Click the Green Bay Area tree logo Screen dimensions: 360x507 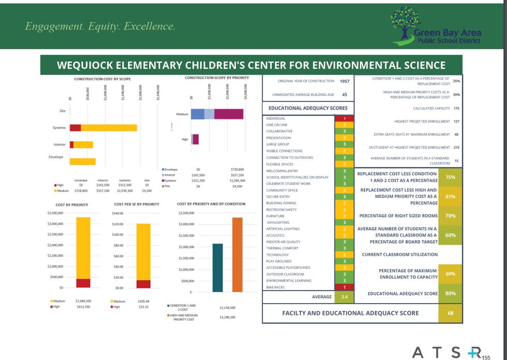(406, 23)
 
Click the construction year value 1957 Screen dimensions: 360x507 (344, 81)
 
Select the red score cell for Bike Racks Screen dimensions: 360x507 (344, 287)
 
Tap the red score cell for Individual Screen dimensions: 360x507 (344, 118)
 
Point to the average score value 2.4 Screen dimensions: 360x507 (344, 297)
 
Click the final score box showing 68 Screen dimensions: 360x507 (450, 313)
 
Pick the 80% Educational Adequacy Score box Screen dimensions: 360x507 (450, 293)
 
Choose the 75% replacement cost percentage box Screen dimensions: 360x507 (450, 177)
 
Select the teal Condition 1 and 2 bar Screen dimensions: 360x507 (218, 267)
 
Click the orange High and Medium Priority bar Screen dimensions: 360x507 (237, 254)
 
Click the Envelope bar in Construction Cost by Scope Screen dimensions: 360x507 (83, 161)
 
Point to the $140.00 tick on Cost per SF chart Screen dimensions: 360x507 (118, 213)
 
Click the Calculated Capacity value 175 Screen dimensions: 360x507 (456, 108)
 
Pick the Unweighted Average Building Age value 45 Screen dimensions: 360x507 (344, 95)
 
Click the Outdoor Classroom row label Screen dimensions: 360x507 (285, 274)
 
